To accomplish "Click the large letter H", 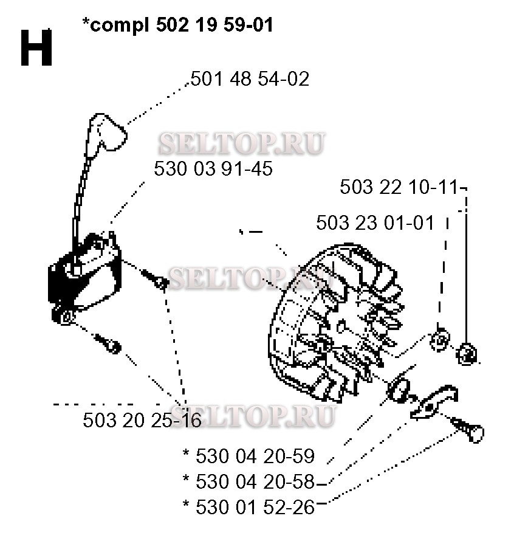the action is pos(36,47).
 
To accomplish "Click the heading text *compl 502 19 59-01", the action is pos(178,25).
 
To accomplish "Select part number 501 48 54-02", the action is pos(250,79).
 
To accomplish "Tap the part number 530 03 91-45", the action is pos(213,169).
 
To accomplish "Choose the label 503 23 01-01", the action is pos(375,222).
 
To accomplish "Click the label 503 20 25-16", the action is pos(142,420).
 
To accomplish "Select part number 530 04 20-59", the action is pos(248,456).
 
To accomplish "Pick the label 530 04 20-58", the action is pos(248,481).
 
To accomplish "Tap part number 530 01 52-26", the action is pos(248,507).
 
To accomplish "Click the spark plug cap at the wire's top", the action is pos(106,133).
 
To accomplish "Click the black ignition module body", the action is pos(84,274).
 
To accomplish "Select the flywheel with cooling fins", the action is pos(337,323).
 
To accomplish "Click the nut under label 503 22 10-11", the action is pos(467,354).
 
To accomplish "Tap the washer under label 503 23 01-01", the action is pos(439,339).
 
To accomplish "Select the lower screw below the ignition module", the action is pos(108,343).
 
